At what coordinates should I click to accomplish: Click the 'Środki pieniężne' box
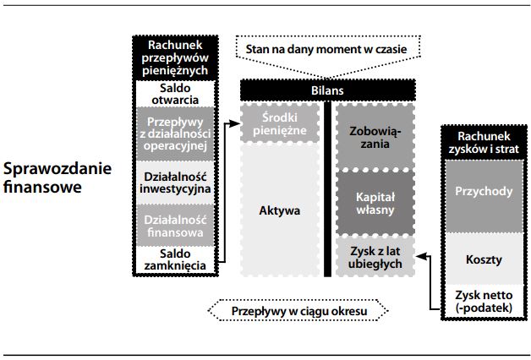(x=278, y=123)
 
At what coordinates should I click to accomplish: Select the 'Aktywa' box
(x=278, y=210)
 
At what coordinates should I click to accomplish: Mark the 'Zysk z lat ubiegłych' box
(x=375, y=257)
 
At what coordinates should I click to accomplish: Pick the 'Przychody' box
(x=484, y=191)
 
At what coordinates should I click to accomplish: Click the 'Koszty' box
(x=484, y=261)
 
